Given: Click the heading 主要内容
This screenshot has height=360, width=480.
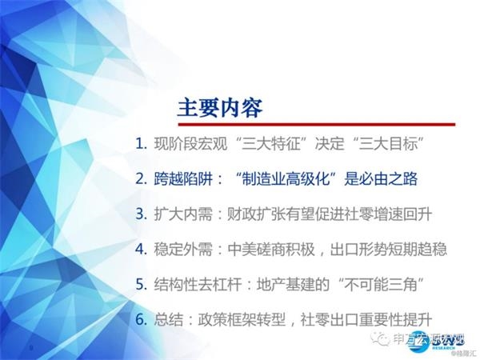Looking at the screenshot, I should pyautogui.click(x=219, y=106).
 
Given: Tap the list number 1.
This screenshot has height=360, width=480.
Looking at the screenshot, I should pyautogui.click(x=141, y=145).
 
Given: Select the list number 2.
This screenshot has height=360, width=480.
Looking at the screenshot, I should pyautogui.click(x=141, y=178).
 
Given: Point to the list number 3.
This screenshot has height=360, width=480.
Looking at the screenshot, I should pyautogui.click(x=141, y=214).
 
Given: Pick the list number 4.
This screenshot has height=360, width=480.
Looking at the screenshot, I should pyautogui.click(x=141, y=249).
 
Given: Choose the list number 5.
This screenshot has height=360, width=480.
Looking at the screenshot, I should pyautogui.click(x=141, y=284).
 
